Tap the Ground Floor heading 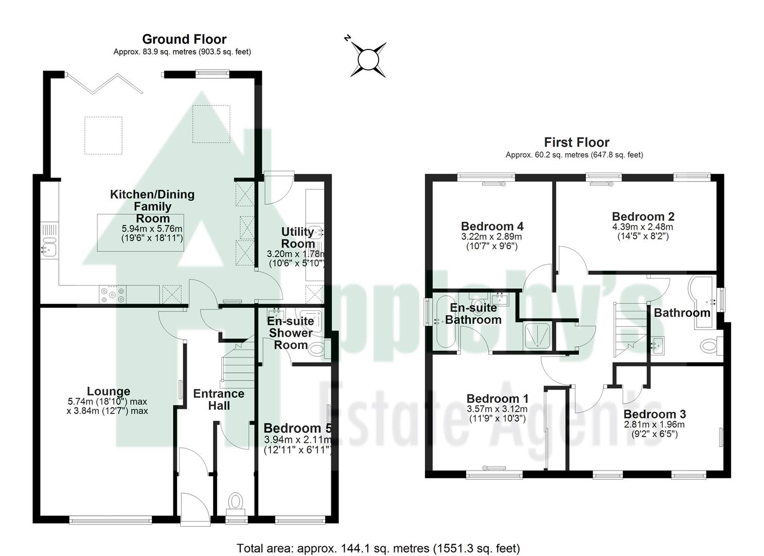184,39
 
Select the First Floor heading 576,143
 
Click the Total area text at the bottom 378,548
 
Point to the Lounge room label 109,391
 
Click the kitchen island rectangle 140,233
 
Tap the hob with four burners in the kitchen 113,294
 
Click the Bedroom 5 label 296,428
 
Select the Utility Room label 298,238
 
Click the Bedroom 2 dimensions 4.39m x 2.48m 643,227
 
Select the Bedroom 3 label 654,414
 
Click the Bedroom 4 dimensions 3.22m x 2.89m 491,237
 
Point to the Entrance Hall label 219,399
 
